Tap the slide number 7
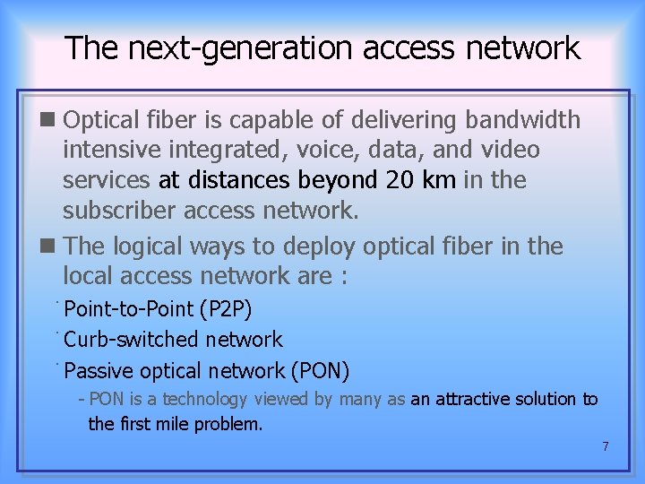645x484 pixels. click(x=606, y=445)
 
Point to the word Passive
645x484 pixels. click(x=100, y=370)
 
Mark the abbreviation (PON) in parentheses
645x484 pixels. click(x=320, y=370)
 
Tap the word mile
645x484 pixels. click(x=172, y=424)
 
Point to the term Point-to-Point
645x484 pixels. click(x=129, y=310)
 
